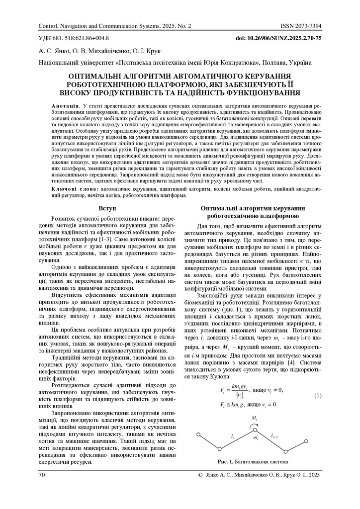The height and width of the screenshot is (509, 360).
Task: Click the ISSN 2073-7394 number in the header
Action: [x=301, y=26]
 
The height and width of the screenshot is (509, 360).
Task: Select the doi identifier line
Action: [x=278, y=38]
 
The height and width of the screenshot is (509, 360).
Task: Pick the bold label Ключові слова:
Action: [x=75, y=189]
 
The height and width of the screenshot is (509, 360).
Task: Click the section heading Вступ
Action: [x=108, y=208]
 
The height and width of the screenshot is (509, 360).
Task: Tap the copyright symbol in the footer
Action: [x=200, y=475]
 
